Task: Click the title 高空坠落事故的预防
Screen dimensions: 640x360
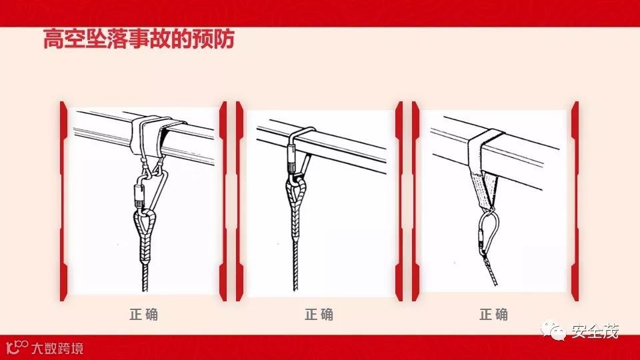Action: click(139, 39)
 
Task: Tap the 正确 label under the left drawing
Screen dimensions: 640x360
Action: click(144, 315)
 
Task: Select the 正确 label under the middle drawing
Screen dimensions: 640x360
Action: click(319, 315)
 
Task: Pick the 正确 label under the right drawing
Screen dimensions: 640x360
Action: click(494, 315)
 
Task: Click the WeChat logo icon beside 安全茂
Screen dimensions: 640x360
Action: click(553, 330)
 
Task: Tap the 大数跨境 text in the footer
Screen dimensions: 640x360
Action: click(57, 348)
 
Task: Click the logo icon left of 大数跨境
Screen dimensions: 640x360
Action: click(17, 347)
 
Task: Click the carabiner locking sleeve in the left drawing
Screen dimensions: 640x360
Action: click(139, 195)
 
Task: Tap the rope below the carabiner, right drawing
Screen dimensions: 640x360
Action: click(490, 269)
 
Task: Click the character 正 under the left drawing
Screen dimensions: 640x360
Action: click(136, 315)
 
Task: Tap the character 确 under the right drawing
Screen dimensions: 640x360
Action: click(501, 315)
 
